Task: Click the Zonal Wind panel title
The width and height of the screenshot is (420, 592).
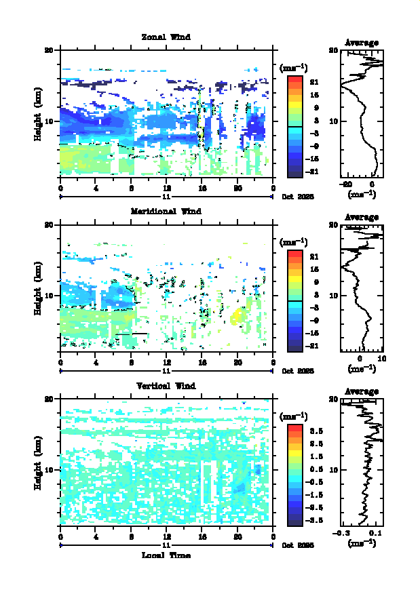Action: point(166,37)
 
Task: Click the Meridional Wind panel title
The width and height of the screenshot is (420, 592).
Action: point(166,211)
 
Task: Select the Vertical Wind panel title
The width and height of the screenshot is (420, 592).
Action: point(166,386)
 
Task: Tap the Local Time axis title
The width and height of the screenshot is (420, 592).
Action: point(166,555)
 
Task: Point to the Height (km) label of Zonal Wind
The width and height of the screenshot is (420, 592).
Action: point(39,120)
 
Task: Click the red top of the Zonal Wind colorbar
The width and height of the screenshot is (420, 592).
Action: point(294,79)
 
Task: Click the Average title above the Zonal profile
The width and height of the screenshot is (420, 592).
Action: point(362,43)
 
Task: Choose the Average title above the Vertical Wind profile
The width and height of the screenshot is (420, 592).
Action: point(362,391)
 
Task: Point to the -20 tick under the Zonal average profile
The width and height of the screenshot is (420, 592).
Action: point(347,184)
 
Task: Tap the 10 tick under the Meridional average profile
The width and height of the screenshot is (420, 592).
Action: point(381,359)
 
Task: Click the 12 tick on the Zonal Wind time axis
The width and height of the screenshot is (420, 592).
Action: point(167,188)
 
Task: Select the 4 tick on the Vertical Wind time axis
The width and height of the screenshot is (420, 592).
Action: point(96,536)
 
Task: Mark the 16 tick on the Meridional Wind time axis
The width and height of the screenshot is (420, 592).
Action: point(202,362)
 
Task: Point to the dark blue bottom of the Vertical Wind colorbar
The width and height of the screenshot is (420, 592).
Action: point(294,522)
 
